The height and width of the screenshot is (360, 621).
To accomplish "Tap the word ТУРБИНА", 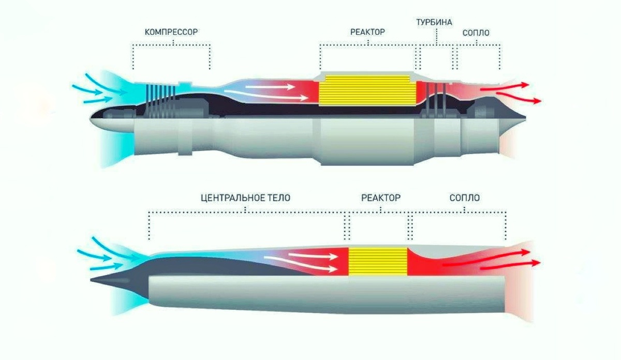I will pos(435,22).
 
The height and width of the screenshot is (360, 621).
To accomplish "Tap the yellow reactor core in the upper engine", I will pos(368,92).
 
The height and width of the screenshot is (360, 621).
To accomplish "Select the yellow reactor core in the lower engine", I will pos(378,261).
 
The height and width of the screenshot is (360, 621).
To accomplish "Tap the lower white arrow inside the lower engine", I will pos(310,268).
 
